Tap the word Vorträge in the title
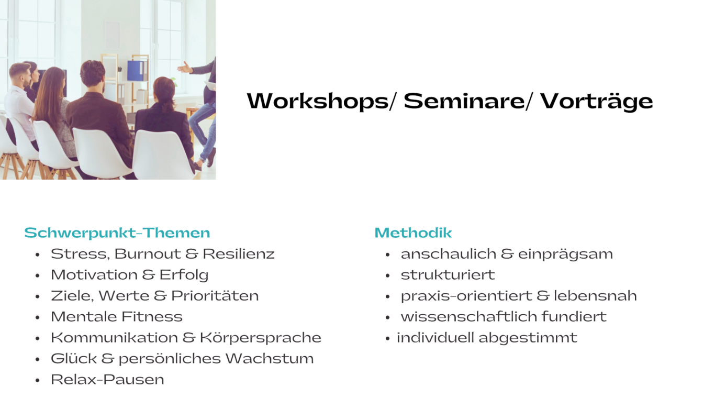tap(597, 102)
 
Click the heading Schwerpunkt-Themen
tap(117, 233)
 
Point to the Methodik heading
tap(413, 233)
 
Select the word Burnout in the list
tap(148, 254)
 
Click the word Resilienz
tap(239, 254)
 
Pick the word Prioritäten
tap(215, 296)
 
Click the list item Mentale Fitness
tap(117, 317)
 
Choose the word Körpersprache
tap(261, 338)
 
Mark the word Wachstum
tap(270, 359)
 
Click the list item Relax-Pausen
tap(108, 380)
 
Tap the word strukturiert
tap(448, 275)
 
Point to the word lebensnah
tap(595, 296)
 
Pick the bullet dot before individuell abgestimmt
tap(387, 338)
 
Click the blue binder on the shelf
tap(136, 71)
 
